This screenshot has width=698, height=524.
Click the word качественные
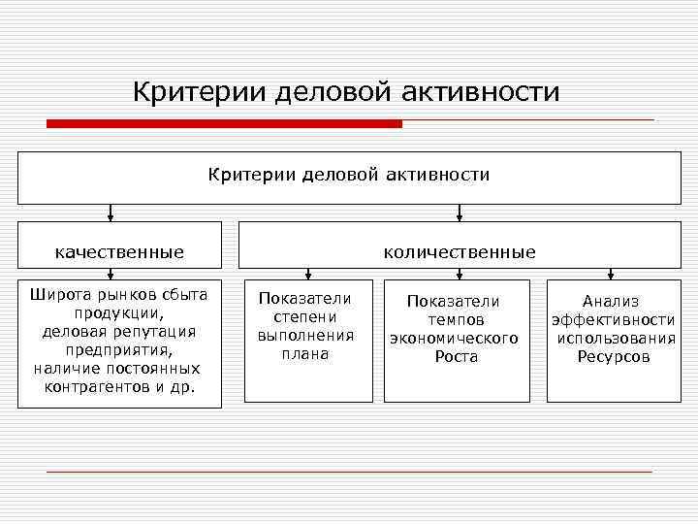tap(119, 252)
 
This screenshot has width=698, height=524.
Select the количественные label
tap(459, 252)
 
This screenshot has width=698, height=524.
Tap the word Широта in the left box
tap(57, 294)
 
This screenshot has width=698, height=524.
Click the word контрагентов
tap(93, 387)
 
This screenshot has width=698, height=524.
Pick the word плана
tap(305, 354)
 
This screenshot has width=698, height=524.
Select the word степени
tap(305, 316)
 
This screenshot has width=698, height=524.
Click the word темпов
tap(456, 319)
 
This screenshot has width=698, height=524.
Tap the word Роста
tap(457, 357)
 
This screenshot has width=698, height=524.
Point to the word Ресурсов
tap(614, 356)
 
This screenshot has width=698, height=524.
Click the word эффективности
tap(614, 319)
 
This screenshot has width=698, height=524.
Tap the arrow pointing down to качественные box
tap(111, 213)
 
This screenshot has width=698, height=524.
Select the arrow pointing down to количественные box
tap(460, 213)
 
